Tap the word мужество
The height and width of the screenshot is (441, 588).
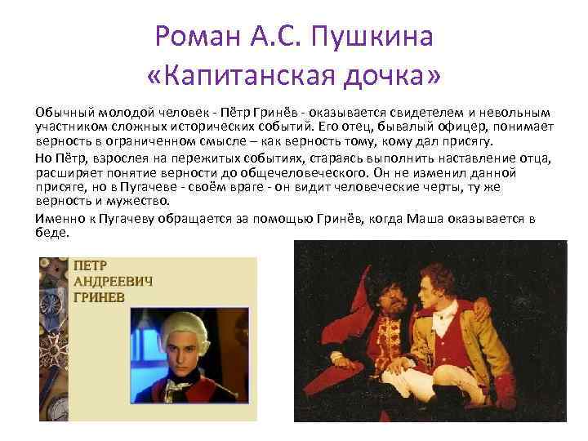coord(139,201)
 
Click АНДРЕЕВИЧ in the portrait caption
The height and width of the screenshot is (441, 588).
coord(114,282)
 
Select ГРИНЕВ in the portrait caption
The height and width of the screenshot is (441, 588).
coord(100,297)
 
